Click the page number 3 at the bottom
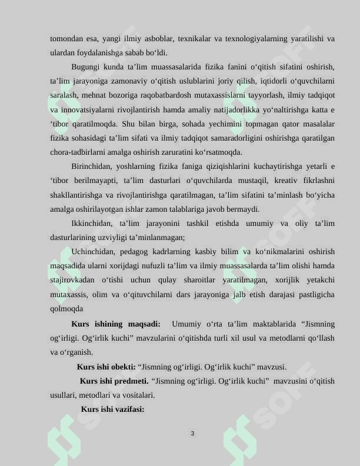pos(192,434)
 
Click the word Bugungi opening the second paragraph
pos(86,67)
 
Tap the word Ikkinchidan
pos(91,224)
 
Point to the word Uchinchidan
pos(92,252)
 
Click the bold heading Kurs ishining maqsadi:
pos(115,324)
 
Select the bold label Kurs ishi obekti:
pos(106,367)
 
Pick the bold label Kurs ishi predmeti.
pos(114,381)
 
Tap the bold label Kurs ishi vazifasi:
pos(112,409)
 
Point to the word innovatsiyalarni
pos(88,109)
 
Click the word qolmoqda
pos(66,308)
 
